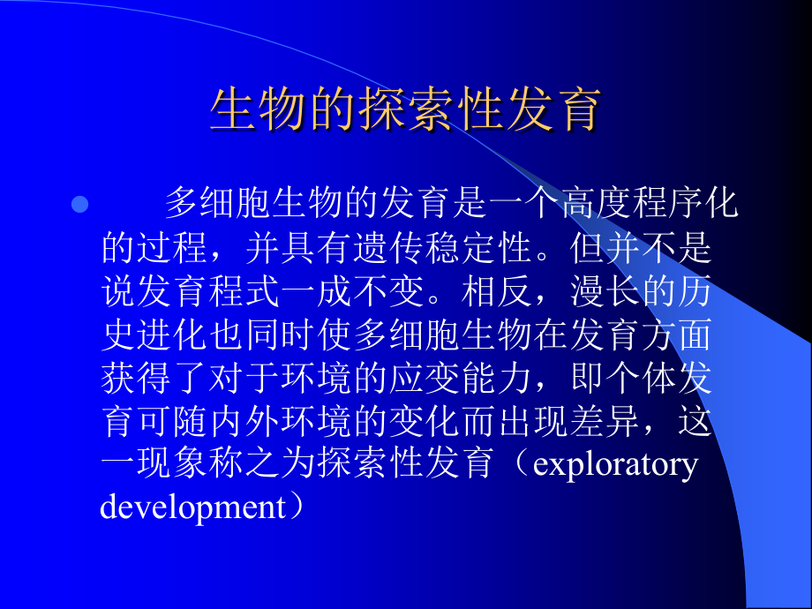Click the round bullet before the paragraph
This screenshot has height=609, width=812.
click(x=79, y=206)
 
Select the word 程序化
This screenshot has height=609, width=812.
click(x=687, y=206)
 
